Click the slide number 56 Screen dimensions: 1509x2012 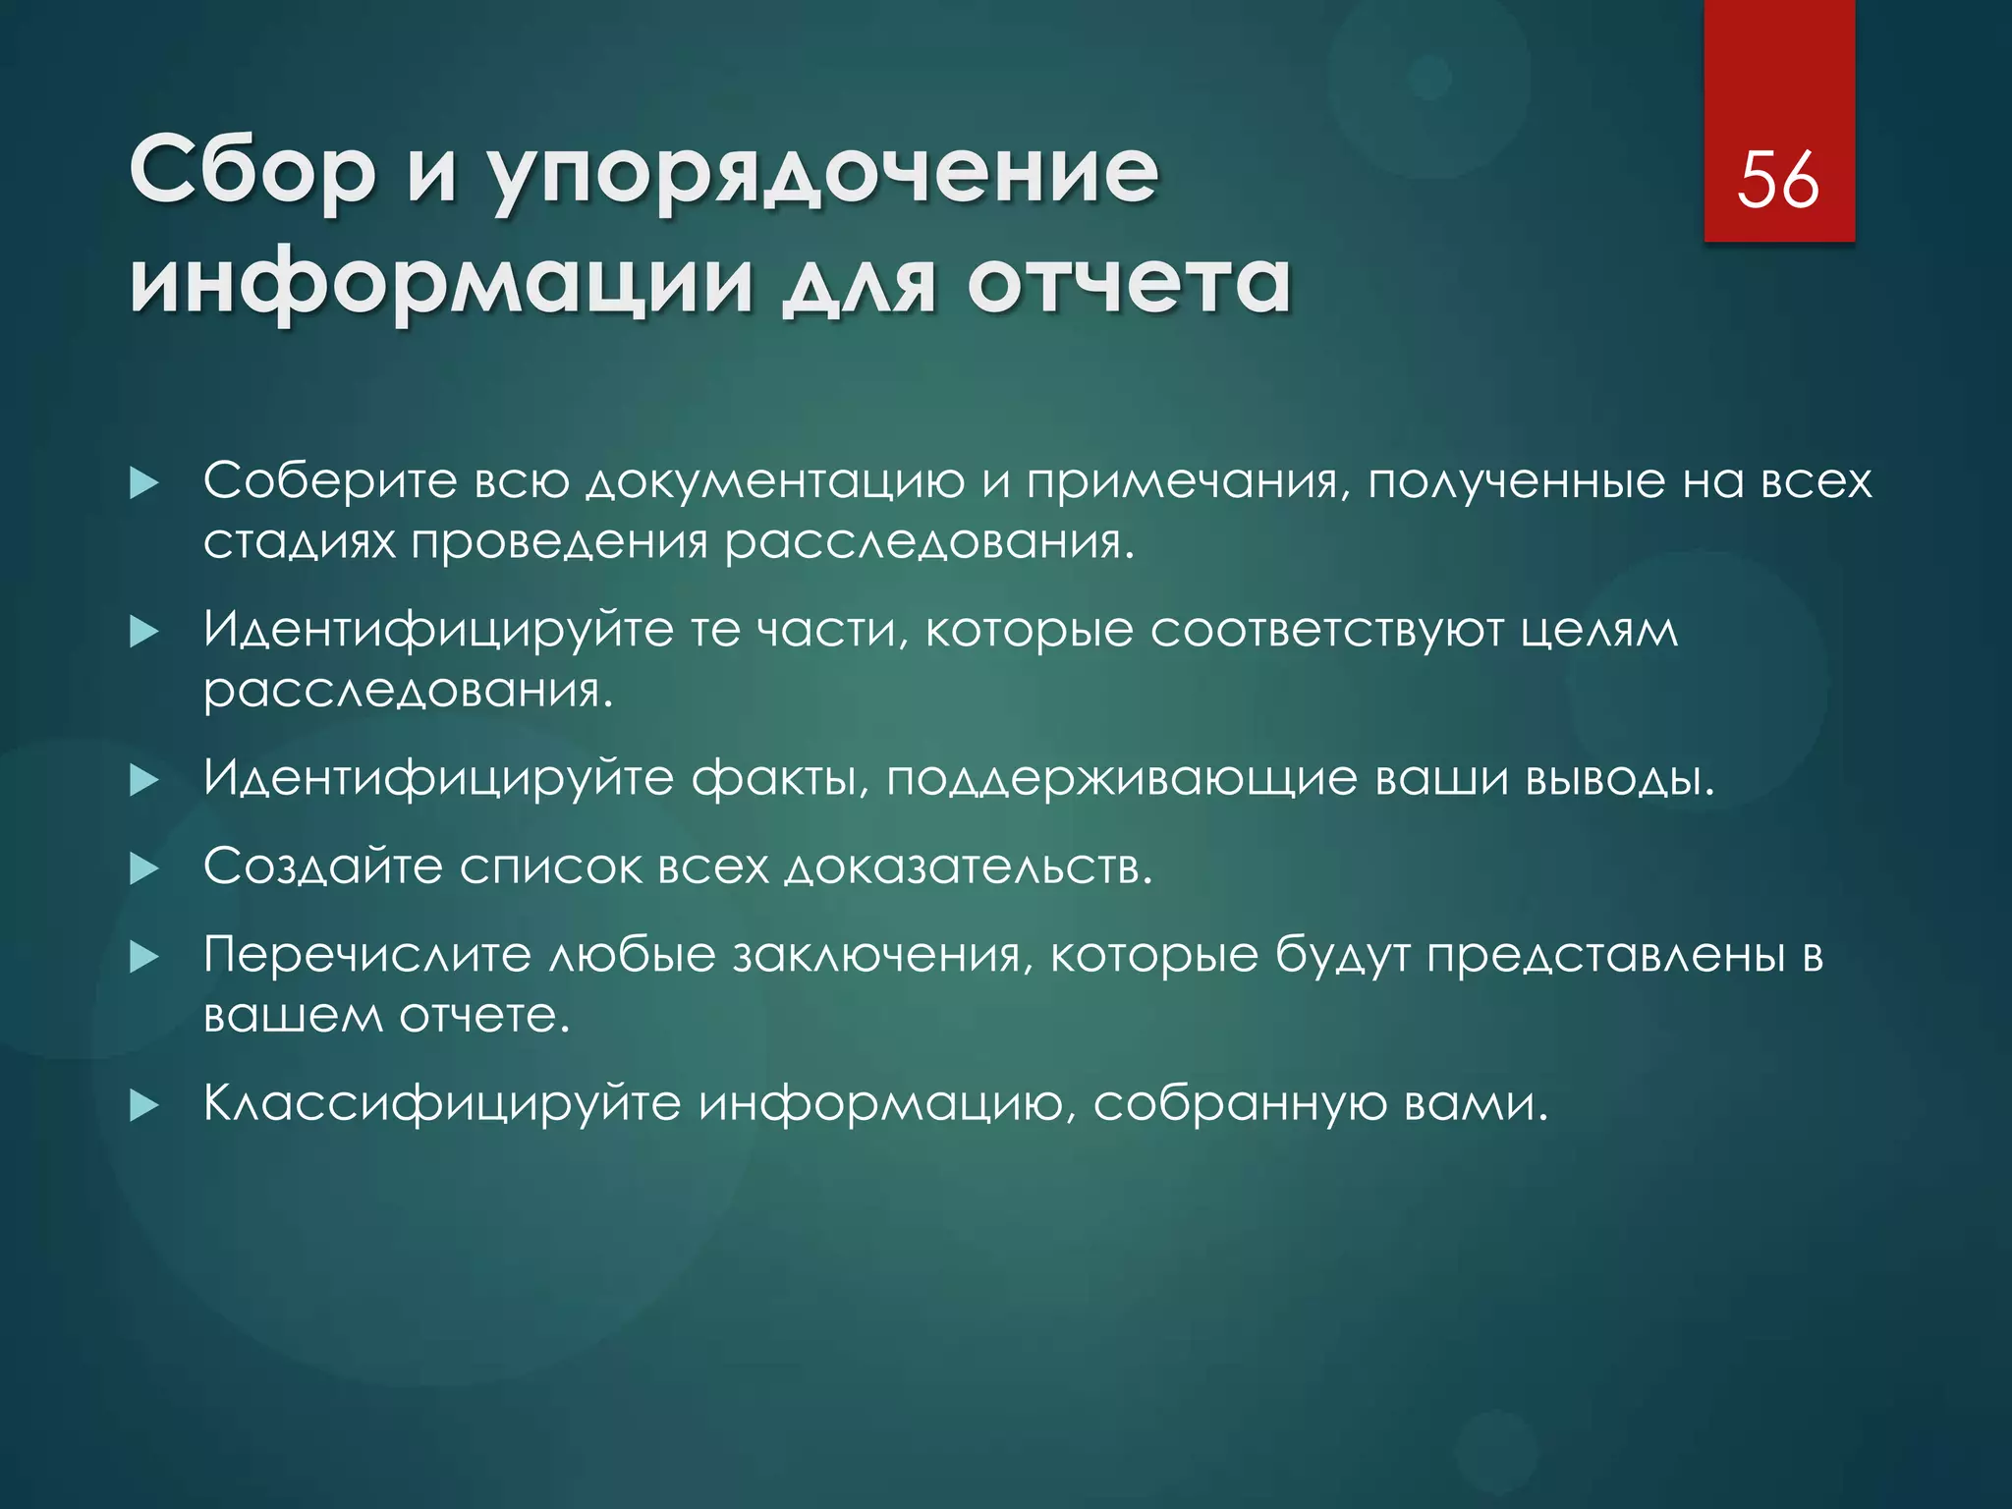point(1778,181)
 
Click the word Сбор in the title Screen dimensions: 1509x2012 point(252,171)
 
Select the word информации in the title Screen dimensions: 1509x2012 point(441,285)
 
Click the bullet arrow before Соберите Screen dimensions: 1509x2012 point(144,483)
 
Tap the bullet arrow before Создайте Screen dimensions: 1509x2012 point(144,868)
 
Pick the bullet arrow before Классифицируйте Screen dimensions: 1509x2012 point(144,1106)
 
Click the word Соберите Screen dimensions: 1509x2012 point(330,481)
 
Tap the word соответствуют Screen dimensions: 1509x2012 point(1326,630)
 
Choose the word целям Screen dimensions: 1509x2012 point(1599,632)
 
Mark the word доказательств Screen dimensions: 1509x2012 point(967,867)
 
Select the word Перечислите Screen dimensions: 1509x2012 point(366,955)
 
